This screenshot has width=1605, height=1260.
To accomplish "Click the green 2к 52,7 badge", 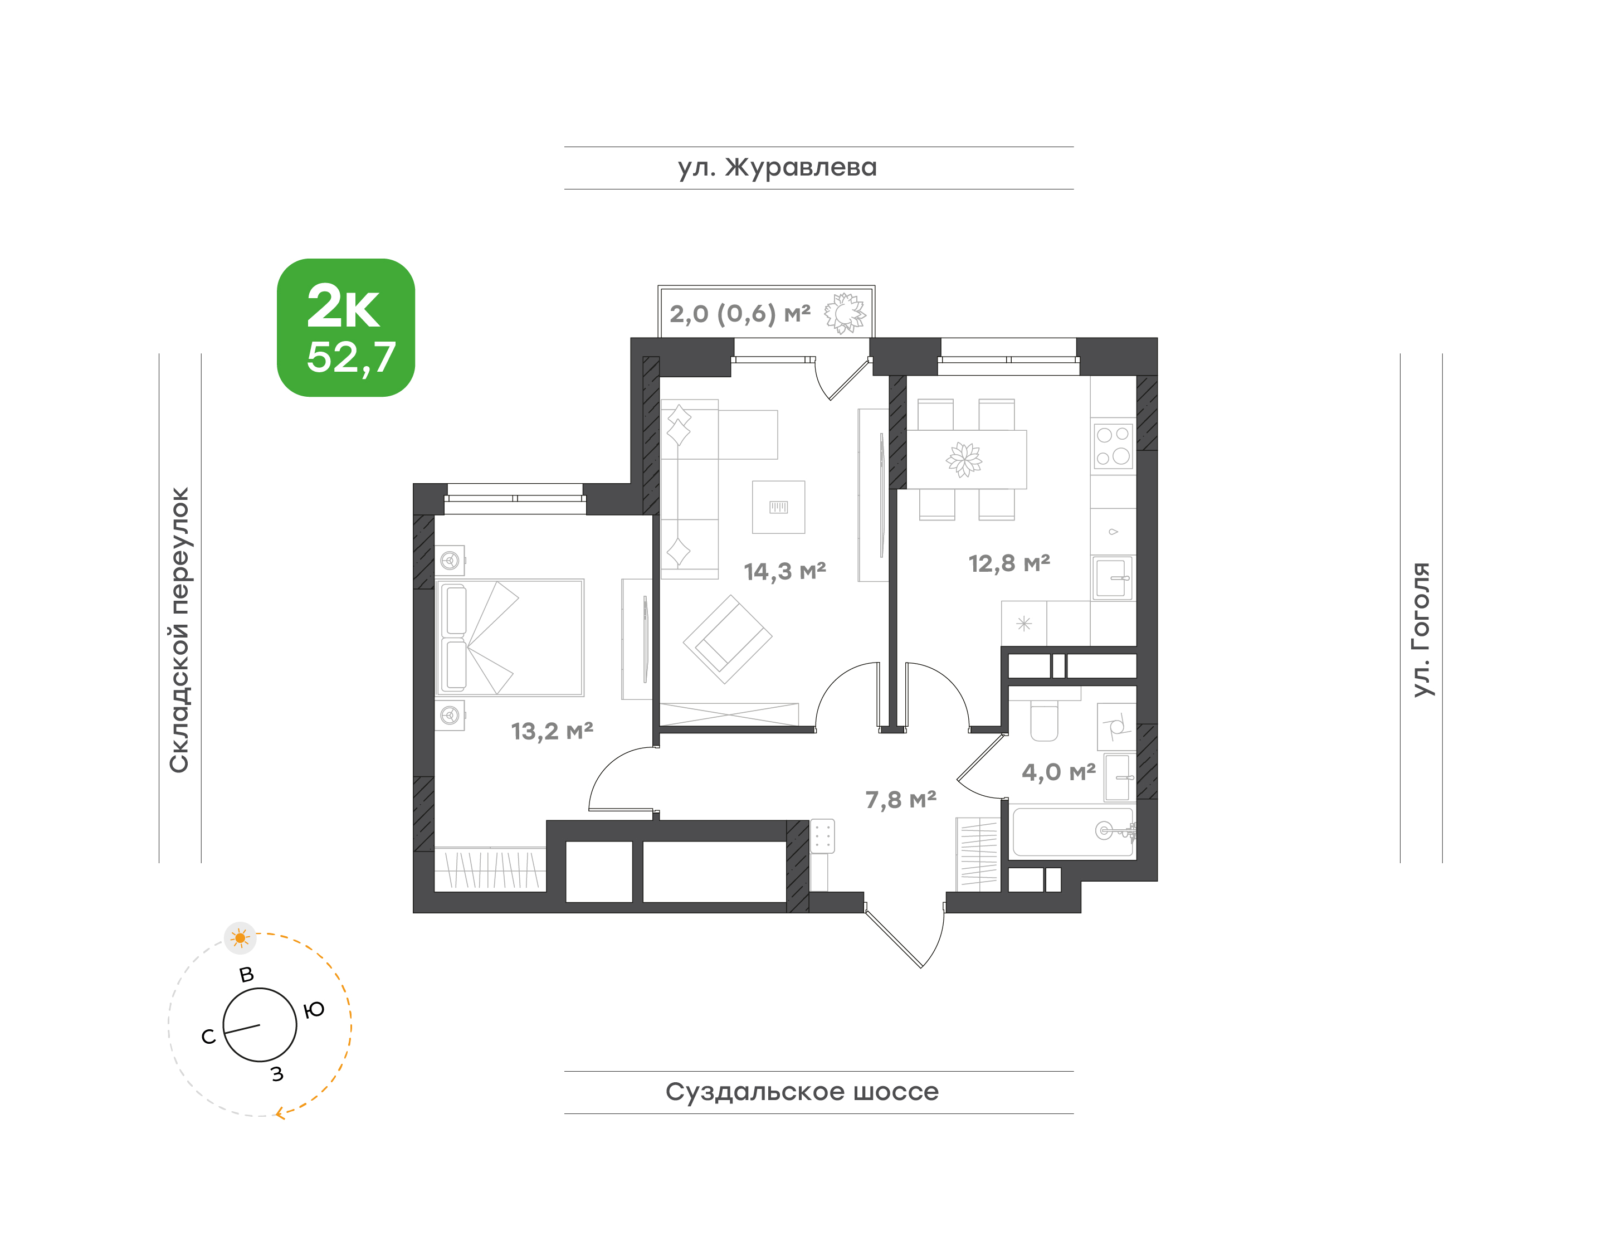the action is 345,328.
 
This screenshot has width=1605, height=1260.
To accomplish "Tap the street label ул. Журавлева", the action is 777,167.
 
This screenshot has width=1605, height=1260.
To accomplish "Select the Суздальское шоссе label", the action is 802,1092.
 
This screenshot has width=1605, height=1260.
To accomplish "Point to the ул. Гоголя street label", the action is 1421,629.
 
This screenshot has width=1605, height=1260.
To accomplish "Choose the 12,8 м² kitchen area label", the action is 1009,563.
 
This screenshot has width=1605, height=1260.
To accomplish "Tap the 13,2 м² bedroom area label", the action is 552,731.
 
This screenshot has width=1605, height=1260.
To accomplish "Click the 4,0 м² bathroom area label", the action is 1058,772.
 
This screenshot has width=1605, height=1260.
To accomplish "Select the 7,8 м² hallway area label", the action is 901,800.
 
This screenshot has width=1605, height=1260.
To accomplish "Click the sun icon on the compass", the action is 240,938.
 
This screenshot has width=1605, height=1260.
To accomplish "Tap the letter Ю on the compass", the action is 314,1010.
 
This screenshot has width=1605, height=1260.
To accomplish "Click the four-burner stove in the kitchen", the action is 1113,446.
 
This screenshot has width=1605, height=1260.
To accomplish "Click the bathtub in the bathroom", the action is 1072,832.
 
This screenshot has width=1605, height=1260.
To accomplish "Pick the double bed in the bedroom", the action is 510,638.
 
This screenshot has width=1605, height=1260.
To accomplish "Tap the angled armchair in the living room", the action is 727,639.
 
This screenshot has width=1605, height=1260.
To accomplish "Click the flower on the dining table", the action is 964,460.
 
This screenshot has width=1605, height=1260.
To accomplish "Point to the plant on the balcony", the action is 845,314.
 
